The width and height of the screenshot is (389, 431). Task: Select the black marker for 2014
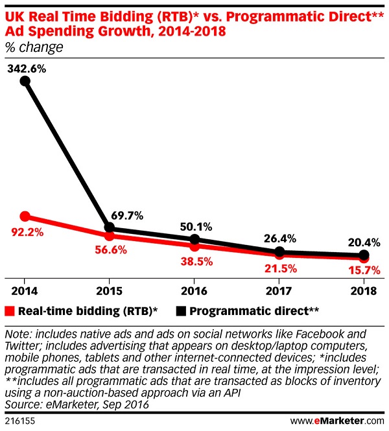(25, 81)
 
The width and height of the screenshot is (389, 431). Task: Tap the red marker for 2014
(25, 216)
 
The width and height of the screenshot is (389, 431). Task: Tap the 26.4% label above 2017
(279, 238)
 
